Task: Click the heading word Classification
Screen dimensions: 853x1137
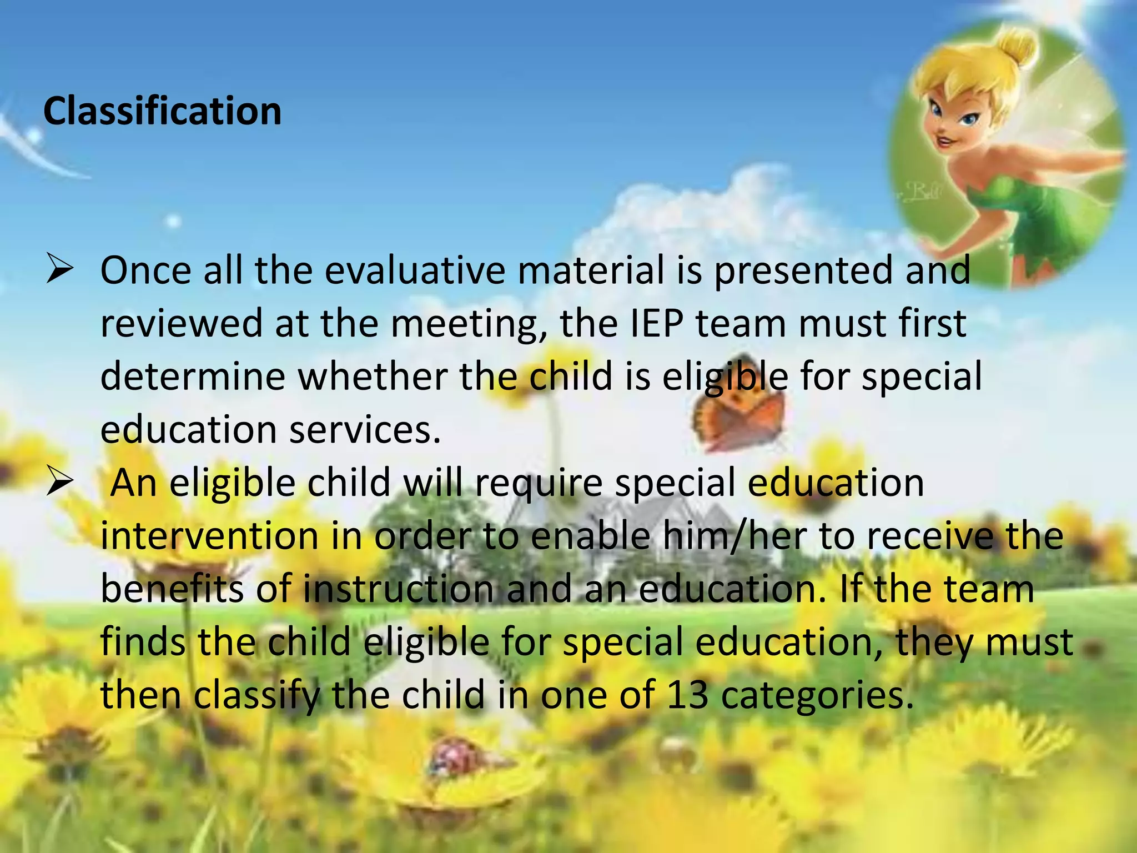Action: [x=162, y=111]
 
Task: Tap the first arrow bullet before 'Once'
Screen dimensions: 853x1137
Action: [x=60, y=268]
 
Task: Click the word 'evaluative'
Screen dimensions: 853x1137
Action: [x=415, y=270]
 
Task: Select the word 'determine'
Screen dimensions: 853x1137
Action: [x=193, y=377]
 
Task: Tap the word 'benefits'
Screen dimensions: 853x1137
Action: [x=172, y=589]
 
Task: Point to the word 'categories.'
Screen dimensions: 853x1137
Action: [x=817, y=695]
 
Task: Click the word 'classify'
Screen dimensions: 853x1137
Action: [x=257, y=696]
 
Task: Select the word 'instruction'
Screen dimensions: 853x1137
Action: [x=398, y=589]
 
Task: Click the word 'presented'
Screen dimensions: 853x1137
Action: [x=803, y=271]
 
